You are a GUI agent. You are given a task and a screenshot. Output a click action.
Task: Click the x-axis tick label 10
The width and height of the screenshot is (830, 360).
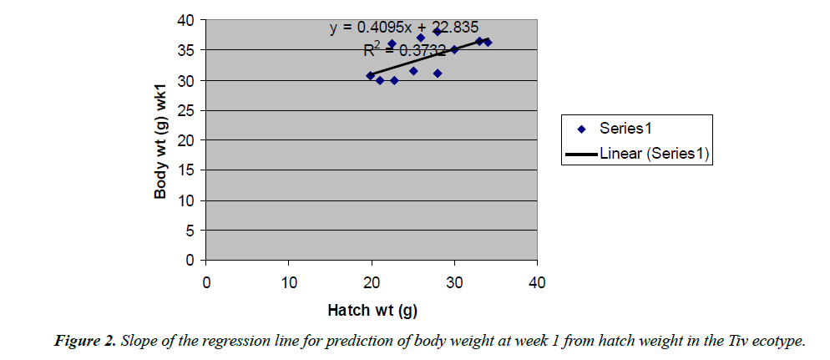pos(289,281)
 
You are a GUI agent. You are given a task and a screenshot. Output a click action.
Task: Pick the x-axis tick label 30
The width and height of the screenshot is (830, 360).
pos(454,281)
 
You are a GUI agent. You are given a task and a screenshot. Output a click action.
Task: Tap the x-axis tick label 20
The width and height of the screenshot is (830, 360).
pos(372,281)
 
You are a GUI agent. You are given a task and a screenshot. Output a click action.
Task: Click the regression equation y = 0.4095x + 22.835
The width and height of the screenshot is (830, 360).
pos(403,27)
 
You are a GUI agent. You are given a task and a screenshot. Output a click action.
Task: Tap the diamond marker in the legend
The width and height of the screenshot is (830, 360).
pos(582,129)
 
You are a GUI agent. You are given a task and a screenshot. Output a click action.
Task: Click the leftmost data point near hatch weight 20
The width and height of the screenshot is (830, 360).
pos(371,75)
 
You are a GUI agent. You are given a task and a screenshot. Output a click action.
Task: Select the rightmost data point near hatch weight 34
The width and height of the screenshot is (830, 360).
pos(488,42)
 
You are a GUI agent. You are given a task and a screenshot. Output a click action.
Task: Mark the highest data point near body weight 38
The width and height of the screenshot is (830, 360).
pos(438,32)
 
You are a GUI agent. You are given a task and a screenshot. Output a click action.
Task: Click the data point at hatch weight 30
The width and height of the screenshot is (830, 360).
pos(454,49)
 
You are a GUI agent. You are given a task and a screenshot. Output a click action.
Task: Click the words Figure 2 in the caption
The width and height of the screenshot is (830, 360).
pos(86,341)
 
